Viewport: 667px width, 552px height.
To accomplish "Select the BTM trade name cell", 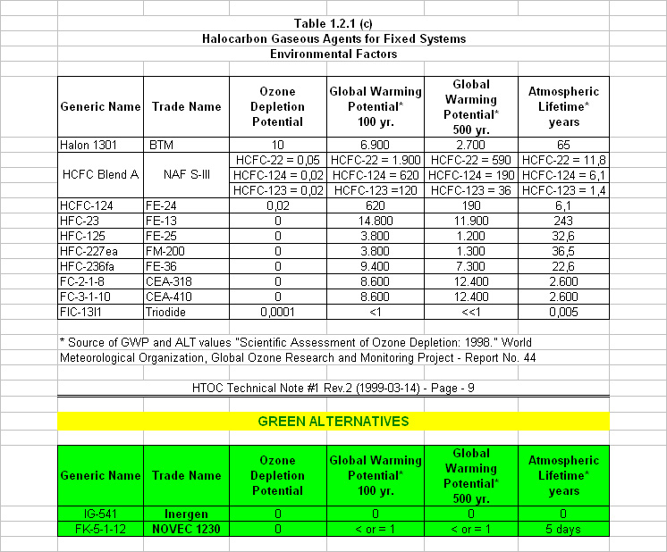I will tap(162, 144).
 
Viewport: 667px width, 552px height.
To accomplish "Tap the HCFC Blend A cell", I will tap(99, 174).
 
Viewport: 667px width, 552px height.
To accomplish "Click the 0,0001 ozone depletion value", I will tap(278, 312).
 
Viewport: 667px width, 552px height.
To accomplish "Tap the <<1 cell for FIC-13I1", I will tap(471, 312).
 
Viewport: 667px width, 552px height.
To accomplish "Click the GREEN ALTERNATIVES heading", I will tap(333, 421).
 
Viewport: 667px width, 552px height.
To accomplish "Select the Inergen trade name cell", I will tap(186, 514).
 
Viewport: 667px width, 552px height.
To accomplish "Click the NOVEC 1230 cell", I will tap(186, 529).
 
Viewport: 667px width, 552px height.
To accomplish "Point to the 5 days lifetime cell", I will tap(564, 529).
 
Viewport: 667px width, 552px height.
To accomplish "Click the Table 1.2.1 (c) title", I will tap(333, 23).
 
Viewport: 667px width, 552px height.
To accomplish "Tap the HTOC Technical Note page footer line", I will tap(333, 389).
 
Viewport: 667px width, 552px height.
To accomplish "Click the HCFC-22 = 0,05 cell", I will tap(278, 159).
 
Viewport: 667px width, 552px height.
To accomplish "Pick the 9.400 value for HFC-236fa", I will tap(376, 266).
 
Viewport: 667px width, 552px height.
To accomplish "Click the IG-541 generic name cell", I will tap(99, 514).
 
